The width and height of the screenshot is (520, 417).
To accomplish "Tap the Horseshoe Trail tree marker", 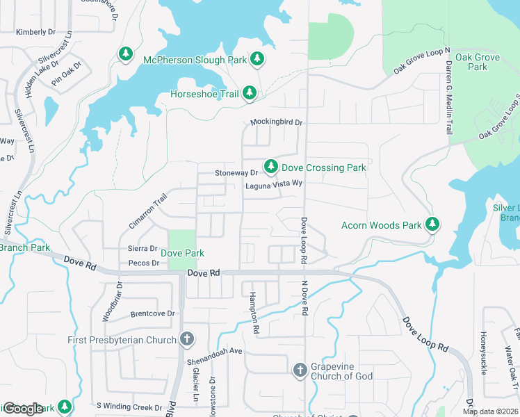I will [x=250, y=93].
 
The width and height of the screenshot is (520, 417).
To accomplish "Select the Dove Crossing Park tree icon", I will [x=271, y=167].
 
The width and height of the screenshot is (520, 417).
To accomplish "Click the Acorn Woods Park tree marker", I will [x=432, y=224].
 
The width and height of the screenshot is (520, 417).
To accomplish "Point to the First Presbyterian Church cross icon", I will [x=186, y=339].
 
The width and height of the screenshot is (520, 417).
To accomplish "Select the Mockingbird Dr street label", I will [x=277, y=122].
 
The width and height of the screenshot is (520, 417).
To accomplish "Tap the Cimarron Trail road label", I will [x=148, y=211].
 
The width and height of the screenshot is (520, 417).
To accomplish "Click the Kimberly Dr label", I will [x=35, y=32].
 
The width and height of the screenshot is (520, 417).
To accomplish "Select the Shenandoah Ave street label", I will [x=214, y=352].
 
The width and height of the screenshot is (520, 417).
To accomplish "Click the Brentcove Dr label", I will [x=152, y=313].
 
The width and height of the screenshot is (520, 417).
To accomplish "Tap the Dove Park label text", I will [x=183, y=254].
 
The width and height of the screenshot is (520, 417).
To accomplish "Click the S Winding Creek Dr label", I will [x=129, y=406].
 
